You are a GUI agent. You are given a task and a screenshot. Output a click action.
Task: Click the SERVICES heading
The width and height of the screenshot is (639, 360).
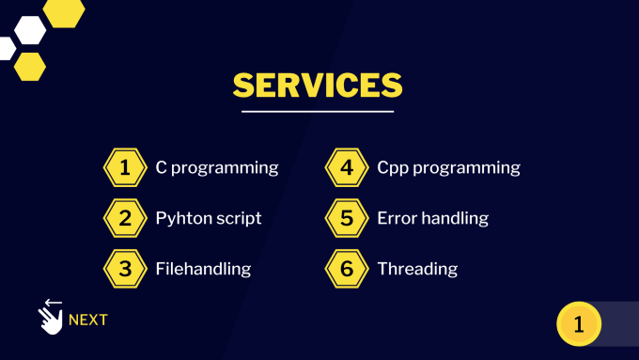[318, 85]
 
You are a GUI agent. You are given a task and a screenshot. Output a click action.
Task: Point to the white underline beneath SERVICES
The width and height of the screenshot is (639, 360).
[318, 111]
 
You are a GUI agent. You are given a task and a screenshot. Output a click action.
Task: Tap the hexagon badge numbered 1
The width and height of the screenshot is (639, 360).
[125, 167]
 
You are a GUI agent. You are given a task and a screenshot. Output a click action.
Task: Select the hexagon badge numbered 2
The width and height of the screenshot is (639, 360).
[125, 218]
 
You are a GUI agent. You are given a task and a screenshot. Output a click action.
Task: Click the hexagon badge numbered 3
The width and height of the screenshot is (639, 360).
[125, 269]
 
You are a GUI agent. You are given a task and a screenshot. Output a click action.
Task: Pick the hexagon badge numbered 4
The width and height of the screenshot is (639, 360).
[347, 167]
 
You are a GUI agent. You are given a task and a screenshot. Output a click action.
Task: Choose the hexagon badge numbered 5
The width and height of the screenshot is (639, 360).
[347, 218]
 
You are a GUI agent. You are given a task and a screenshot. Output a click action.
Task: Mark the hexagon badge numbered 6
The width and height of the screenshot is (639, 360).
[347, 269]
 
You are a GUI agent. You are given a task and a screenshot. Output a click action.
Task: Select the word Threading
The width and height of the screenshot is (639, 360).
[417, 269]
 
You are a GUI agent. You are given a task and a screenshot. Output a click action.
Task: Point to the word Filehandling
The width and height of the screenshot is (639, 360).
[203, 269]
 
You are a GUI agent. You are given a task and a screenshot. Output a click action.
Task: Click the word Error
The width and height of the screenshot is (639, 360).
[397, 218]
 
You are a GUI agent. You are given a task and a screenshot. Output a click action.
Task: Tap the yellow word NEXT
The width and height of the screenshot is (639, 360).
[88, 320]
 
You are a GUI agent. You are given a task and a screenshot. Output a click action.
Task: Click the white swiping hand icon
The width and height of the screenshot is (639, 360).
[51, 317]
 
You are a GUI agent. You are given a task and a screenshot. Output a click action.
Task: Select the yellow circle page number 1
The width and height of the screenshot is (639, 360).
[579, 324]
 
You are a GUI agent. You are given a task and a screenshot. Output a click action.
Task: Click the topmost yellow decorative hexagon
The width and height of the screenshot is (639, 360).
[64, 13]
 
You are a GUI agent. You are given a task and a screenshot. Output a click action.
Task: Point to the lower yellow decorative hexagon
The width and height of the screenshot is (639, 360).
[30, 67]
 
